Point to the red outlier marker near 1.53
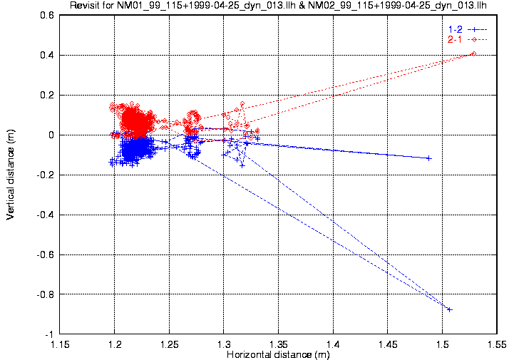[x=473, y=53]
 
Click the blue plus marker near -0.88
[x=449, y=309]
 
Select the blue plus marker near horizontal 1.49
[x=428, y=158]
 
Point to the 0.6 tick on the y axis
[x=46, y=15]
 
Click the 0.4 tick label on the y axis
[x=46, y=55]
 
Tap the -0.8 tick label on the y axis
[x=44, y=294]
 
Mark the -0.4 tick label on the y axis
[x=44, y=215]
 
